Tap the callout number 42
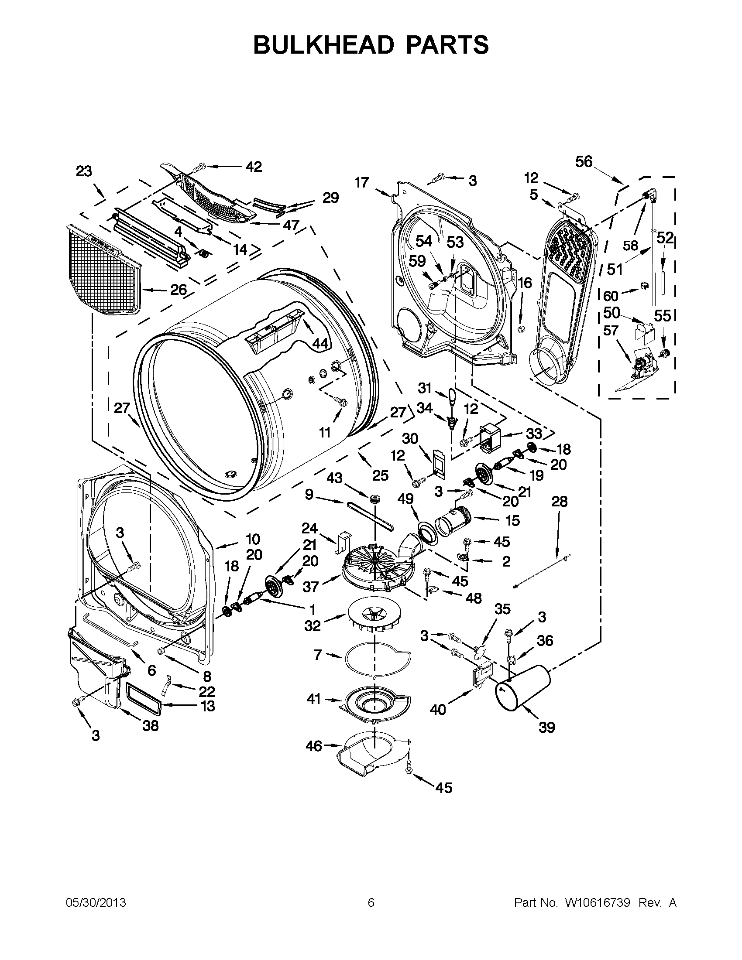click(x=254, y=167)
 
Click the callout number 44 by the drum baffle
click(x=320, y=344)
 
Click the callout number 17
click(x=361, y=182)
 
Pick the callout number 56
click(x=584, y=162)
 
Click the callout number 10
click(x=253, y=539)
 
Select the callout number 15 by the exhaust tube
click(x=512, y=520)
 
